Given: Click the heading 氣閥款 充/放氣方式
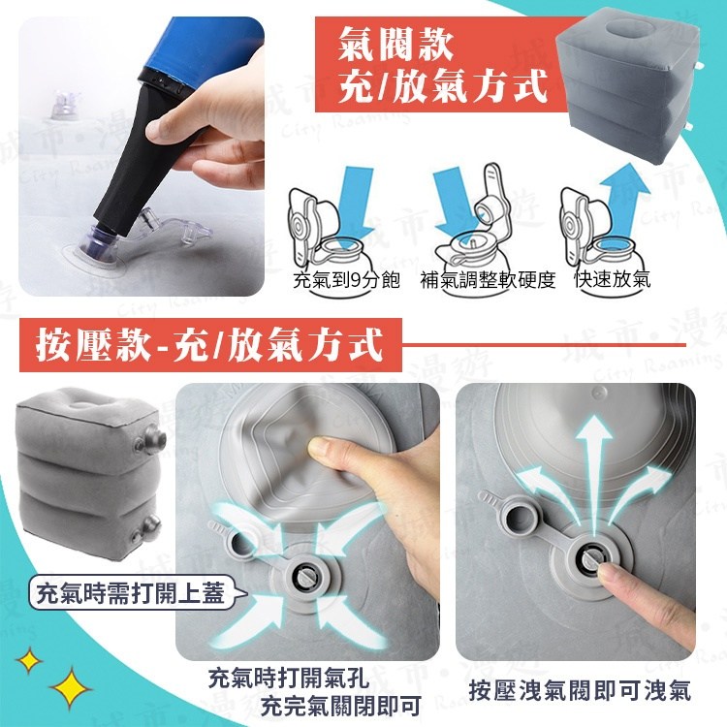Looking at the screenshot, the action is (x=442, y=64).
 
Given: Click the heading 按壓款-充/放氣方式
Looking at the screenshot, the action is (x=209, y=344).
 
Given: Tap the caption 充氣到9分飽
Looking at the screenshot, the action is (x=346, y=279).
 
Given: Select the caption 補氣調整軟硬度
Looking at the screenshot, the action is (x=488, y=279).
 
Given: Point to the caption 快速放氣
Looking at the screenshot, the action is (x=613, y=278).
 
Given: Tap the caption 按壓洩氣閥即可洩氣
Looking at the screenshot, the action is (x=580, y=690).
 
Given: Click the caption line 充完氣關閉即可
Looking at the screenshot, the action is (x=341, y=706).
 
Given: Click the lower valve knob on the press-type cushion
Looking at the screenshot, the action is (x=146, y=529).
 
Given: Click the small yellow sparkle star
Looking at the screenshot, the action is (x=29, y=660).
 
